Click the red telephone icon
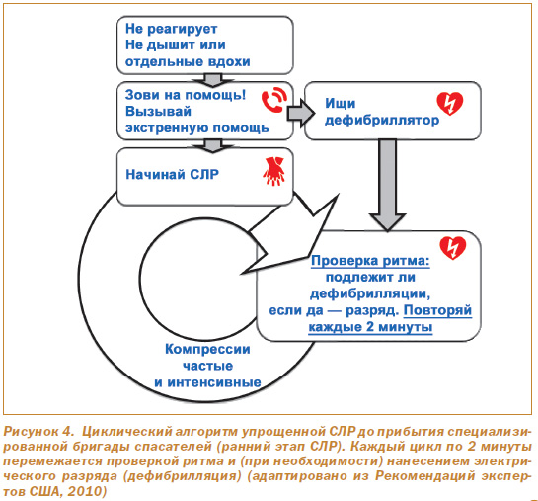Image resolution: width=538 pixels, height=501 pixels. [x=274, y=100]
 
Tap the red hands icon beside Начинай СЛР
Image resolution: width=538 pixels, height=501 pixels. [x=273, y=171]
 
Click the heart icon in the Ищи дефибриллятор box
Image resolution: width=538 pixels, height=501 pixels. [x=450, y=104]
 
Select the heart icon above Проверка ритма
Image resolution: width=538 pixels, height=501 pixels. [x=453, y=248]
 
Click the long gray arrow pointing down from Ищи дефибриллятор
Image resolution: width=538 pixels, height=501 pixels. [x=387, y=185]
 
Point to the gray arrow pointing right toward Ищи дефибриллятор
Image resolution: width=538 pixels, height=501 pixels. [x=300, y=113]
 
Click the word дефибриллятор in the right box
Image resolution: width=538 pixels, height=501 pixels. [x=382, y=121]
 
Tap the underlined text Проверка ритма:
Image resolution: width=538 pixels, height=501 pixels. [x=370, y=261]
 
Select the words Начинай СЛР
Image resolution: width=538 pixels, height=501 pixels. [x=172, y=175]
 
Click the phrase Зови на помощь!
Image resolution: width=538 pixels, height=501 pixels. [x=186, y=95]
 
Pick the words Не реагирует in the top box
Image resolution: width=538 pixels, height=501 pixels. [x=171, y=29]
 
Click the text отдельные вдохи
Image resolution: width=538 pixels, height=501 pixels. [x=188, y=62]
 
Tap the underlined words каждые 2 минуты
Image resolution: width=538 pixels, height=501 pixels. [x=370, y=327]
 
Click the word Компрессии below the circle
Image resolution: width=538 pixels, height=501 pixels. [x=207, y=349]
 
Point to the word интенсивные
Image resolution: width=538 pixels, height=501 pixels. [x=214, y=382]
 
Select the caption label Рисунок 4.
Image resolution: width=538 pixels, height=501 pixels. [x=38, y=431]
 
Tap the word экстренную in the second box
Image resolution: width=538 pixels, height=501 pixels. [x=168, y=128]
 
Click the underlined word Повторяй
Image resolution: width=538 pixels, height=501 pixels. [x=437, y=310]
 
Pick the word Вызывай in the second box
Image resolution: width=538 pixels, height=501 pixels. [x=158, y=112]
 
